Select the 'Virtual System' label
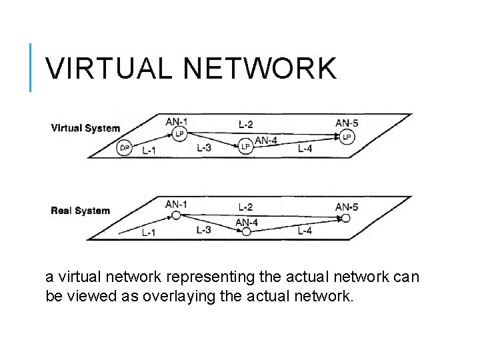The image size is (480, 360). click(x=85, y=128)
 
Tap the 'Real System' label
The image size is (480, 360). click(x=80, y=211)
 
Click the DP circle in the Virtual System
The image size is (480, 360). click(x=124, y=149)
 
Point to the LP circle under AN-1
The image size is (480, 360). click(x=179, y=135)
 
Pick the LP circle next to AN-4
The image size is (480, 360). click(x=245, y=146)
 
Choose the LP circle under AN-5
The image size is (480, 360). click(x=346, y=137)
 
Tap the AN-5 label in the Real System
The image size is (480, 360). click(x=347, y=207)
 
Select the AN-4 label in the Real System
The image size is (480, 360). click(x=247, y=222)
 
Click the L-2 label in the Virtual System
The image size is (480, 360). click(x=246, y=123)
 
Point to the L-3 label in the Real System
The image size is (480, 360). click(x=204, y=230)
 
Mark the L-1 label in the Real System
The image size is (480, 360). click(x=149, y=233)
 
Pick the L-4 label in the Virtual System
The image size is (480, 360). click(x=305, y=149)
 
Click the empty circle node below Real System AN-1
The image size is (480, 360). click(x=176, y=215)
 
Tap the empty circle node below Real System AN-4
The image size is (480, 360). click(x=246, y=232)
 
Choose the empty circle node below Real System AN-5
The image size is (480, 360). click(x=345, y=218)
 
